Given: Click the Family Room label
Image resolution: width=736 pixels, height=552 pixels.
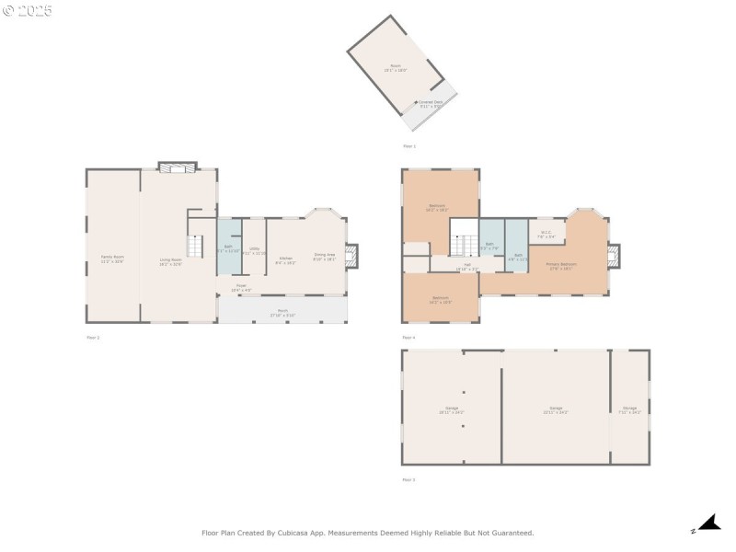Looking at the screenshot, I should pyautogui.click(x=112, y=260).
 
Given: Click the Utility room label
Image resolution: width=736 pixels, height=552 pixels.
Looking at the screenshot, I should pyautogui.click(x=255, y=250).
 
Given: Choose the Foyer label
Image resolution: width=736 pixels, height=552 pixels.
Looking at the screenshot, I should pyautogui.click(x=241, y=286).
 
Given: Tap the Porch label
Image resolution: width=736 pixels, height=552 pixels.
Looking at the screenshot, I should pyautogui.click(x=282, y=312).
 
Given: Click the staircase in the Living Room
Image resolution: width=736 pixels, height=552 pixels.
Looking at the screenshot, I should pyautogui.click(x=194, y=247).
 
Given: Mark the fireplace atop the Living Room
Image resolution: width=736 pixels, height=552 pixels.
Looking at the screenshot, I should pyautogui.click(x=177, y=167).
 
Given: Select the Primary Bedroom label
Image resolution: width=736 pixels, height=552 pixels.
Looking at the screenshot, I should pyautogui.click(x=560, y=266).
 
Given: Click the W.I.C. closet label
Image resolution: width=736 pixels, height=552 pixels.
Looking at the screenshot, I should pyautogui.click(x=546, y=235).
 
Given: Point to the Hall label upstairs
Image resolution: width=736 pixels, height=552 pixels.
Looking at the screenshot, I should pyautogui.click(x=467, y=266).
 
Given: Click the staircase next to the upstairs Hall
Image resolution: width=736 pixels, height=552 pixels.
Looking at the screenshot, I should pyautogui.click(x=463, y=244).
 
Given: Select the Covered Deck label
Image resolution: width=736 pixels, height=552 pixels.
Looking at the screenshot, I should pyautogui.click(x=431, y=104).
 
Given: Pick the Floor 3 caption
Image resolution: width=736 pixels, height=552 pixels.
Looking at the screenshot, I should pyautogui.click(x=408, y=480).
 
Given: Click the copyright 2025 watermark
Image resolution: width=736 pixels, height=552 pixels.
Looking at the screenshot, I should pyautogui.click(x=28, y=11).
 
